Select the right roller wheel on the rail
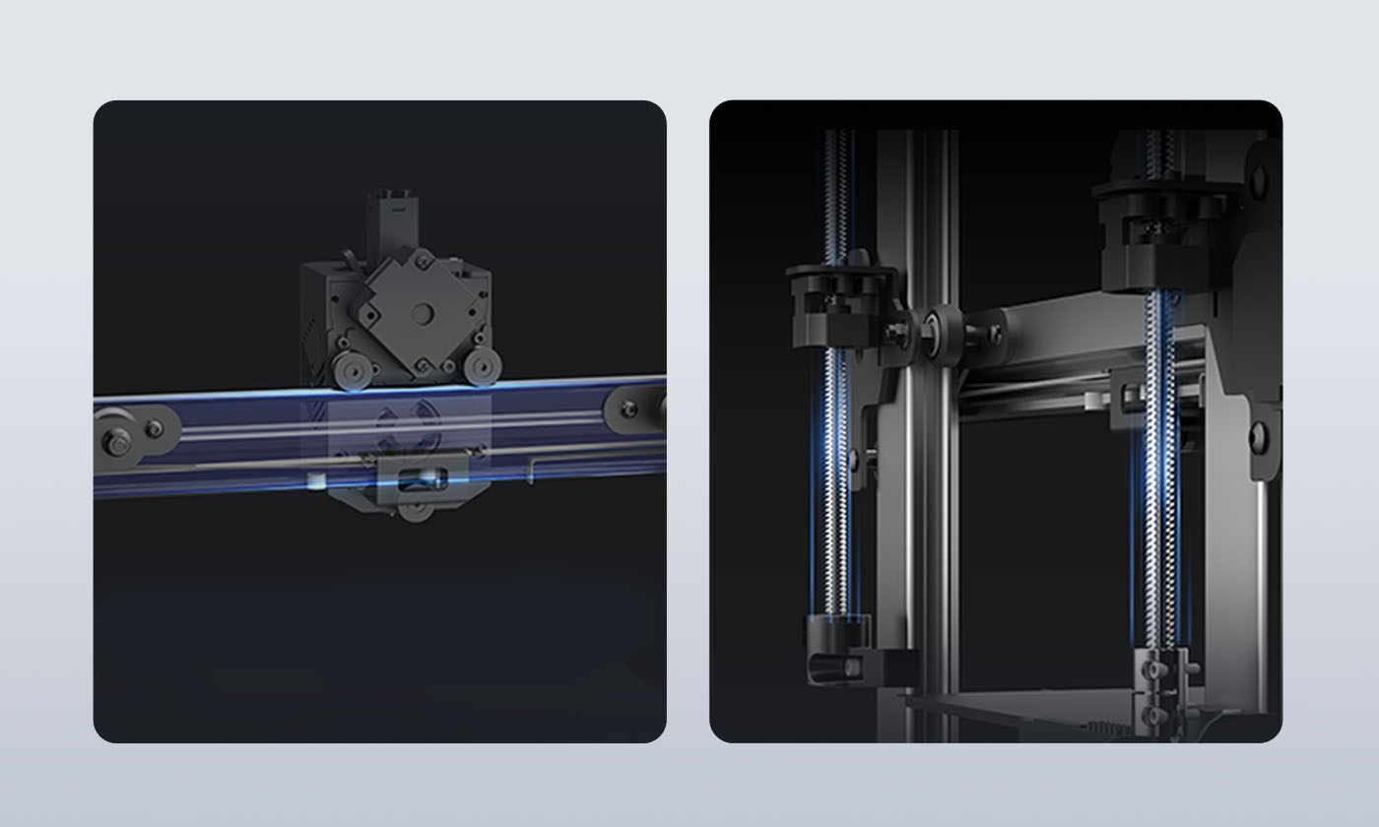(x=480, y=368)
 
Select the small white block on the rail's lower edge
(x=315, y=481)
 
